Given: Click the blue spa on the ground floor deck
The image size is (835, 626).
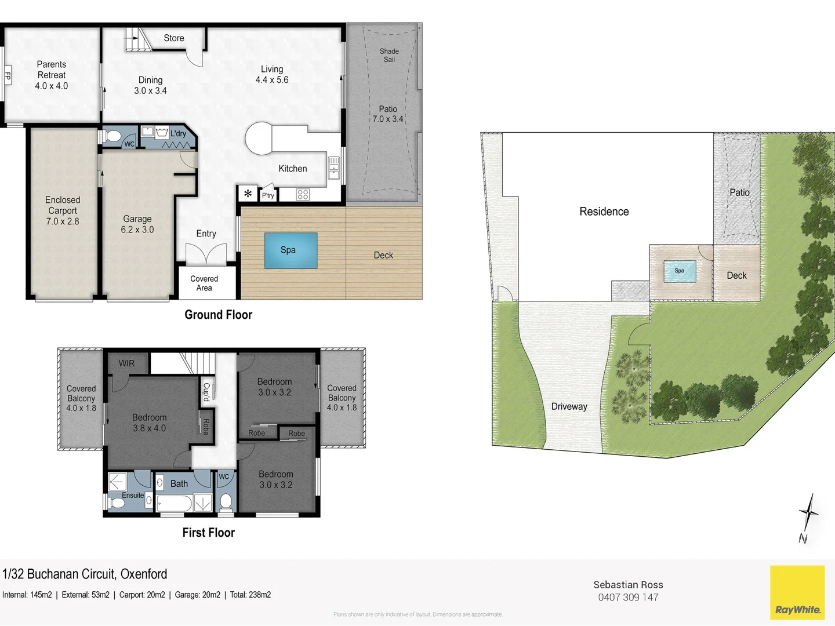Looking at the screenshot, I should (291, 250).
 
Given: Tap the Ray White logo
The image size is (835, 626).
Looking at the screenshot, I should (797, 593).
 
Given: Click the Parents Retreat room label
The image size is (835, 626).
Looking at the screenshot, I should (52, 70).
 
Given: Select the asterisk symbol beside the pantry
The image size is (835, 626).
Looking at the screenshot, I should (248, 194).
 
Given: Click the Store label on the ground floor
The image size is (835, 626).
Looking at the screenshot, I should (174, 38).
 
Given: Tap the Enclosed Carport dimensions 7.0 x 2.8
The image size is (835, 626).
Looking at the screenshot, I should (63, 221).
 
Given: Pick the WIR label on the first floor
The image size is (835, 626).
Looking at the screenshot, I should (126, 363).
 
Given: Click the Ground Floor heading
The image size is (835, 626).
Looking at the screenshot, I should (218, 315).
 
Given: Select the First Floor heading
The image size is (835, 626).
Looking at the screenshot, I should (208, 533).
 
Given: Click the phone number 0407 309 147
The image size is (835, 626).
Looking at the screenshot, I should (628, 598).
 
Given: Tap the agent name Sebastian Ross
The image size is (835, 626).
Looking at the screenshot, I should (628, 585).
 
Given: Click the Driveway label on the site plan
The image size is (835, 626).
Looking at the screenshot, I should (569, 407).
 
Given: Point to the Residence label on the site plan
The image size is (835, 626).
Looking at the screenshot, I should (604, 212).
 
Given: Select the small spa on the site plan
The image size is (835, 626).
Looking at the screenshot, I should (680, 271).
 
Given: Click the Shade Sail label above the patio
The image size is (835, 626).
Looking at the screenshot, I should (389, 55).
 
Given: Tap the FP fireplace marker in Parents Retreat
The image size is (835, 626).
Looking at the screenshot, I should (8, 75).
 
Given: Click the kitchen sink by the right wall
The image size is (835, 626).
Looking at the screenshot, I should (334, 168).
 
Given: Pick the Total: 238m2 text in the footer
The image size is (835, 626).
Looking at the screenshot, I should (251, 595).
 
